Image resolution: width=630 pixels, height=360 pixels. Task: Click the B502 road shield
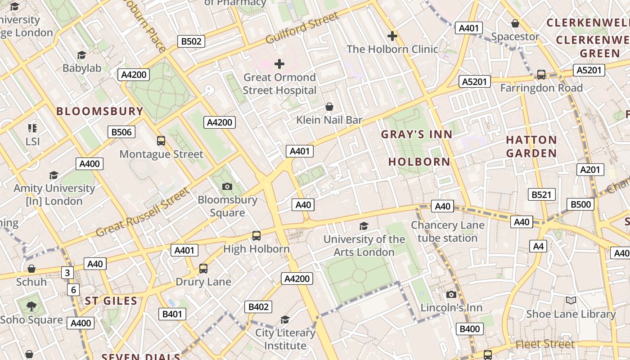[x=191, y=41]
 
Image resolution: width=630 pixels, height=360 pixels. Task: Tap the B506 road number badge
[x=121, y=132]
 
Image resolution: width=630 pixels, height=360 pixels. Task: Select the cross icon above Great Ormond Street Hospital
[x=279, y=63]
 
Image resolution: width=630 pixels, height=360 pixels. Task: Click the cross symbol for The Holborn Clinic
[x=392, y=36]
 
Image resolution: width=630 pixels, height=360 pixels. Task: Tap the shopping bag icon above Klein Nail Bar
[x=329, y=107]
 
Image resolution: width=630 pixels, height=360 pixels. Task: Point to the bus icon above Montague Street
[x=161, y=141]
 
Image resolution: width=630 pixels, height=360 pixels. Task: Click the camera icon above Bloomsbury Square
[x=227, y=186]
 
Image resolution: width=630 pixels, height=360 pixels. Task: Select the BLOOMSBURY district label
[x=99, y=111]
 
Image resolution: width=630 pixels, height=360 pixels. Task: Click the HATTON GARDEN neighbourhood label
[x=531, y=146]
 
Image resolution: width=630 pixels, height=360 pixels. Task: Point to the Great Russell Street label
[x=143, y=212]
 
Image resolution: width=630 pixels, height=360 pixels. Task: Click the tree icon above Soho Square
[x=31, y=306]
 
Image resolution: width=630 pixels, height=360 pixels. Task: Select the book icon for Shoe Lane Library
[x=571, y=301]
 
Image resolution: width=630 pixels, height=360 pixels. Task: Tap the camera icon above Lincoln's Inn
[x=451, y=294]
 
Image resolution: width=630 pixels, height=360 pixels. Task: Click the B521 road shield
[x=541, y=194]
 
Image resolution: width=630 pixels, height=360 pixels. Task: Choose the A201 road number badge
[x=590, y=170]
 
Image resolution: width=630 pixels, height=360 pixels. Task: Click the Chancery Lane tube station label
[x=447, y=231]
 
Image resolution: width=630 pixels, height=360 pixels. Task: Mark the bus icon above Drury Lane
[x=203, y=269]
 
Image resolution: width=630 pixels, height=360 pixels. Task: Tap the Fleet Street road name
[x=545, y=345]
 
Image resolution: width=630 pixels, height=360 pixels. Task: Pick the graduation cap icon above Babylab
[x=81, y=55]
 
